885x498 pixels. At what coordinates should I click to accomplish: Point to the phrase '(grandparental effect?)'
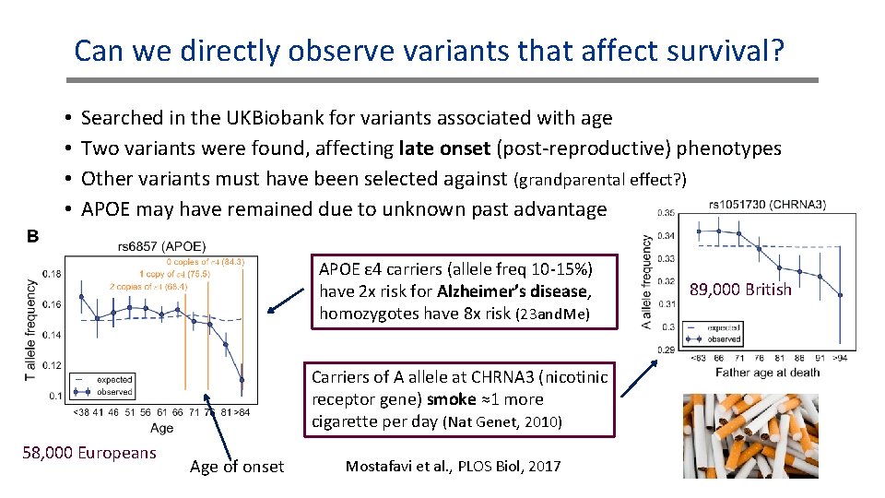pos(600,179)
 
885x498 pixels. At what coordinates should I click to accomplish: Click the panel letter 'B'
pos(32,236)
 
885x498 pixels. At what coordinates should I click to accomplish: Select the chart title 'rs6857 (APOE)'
pos(162,246)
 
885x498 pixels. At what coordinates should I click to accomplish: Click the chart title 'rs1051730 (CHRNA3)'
pos(768,204)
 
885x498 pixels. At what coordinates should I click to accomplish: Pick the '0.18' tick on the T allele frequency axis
pos(52,274)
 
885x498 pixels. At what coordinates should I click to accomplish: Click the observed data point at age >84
pos(242,379)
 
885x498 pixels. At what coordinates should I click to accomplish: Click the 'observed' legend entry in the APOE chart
pos(113,391)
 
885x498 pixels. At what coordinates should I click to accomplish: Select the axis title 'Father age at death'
pos(768,372)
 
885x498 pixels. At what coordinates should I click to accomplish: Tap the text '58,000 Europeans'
pos(88,452)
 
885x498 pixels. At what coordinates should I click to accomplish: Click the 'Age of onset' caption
pos(237,467)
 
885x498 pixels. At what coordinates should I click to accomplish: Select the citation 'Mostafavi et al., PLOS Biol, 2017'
pos(453,466)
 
